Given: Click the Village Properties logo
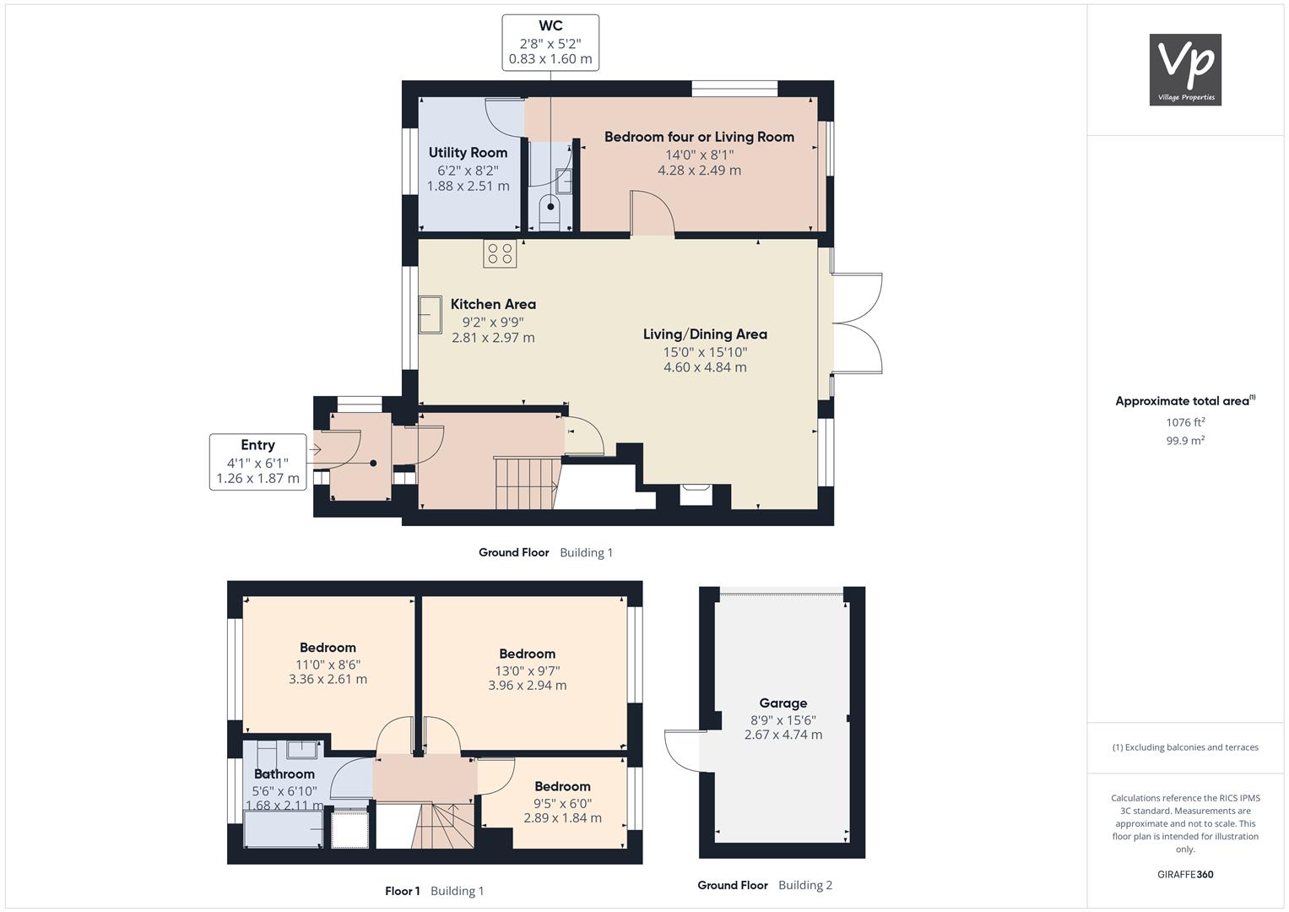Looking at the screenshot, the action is pyautogui.click(x=1185, y=69).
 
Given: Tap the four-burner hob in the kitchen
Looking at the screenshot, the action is pyautogui.click(x=500, y=253).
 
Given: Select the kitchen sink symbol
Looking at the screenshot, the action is pyautogui.click(x=430, y=314).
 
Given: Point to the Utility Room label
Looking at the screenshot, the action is pyautogui.click(x=468, y=153).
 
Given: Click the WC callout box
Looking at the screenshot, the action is pyautogui.click(x=550, y=42).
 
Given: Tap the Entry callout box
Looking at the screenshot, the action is pyautogui.click(x=257, y=462).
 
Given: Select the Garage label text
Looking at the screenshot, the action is pyautogui.click(x=783, y=703).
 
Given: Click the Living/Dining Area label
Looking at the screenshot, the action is pyautogui.click(x=705, y=334).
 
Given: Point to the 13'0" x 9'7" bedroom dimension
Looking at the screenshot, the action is pyautogui.click(x=527, y=670).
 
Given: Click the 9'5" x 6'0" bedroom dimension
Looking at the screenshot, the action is pyautogui.click(x=562, y=803).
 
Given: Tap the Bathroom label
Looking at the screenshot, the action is pyautogui.click(x=284, y=774).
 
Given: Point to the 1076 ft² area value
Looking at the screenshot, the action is pyautogui.click(x=1185, y=422).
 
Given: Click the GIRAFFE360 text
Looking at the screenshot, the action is pyautogui.click(x=1185, y=874).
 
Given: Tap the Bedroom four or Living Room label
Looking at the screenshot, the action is pyautogui.click(x=699, y=137).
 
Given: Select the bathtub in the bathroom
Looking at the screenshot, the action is pyautogui.click(x=283, y=828).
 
